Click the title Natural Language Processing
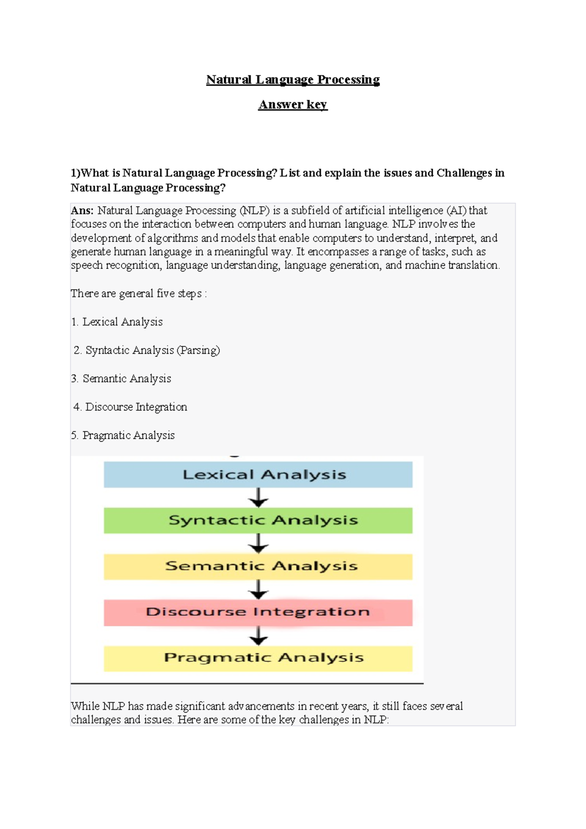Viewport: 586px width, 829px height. click(x=293, y=80)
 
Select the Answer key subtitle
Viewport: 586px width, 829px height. click(x=293, y=105)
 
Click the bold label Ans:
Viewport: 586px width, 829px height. click(x=82, y=211)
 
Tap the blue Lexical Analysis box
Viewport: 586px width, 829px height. click(x=258, y=475)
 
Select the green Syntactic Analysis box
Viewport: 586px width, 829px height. click(x=258, y=520)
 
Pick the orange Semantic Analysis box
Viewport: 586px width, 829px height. click(x=258, y=566)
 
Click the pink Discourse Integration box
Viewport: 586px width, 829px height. click(x=258, y=612)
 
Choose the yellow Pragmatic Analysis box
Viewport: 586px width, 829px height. click(x=258, y=658)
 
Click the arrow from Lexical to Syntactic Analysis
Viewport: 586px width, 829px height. click(x=258, y=498)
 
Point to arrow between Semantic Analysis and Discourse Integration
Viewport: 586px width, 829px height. click(x=258, y=589)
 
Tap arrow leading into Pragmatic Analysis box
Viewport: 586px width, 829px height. click(x=258, y=635)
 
